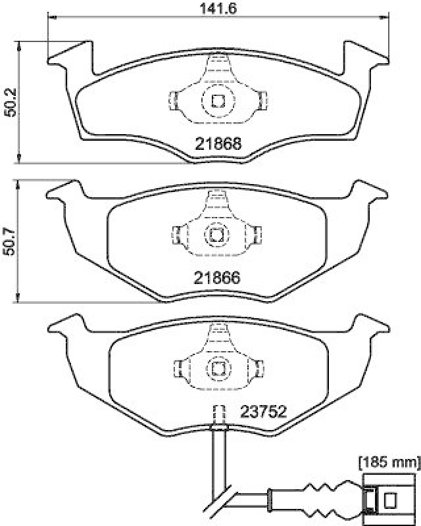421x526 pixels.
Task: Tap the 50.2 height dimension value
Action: click(9, 103)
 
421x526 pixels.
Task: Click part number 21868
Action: click(218, 143)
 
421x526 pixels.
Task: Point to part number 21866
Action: click(216, 278)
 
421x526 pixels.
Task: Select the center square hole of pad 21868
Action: click(218, 101)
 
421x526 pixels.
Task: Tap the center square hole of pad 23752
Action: click(216, 368)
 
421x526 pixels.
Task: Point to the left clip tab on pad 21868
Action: click(174, 100)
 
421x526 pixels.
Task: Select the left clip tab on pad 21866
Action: click(176, 234)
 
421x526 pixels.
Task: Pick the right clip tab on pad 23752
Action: click(258, 368)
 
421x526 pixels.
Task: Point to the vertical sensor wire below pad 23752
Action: click(216, 460)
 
